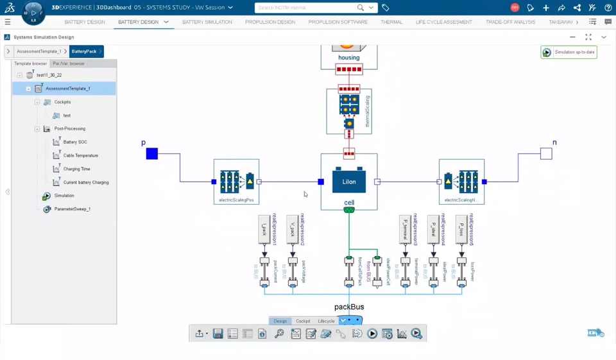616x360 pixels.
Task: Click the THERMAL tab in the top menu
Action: click(391, 22)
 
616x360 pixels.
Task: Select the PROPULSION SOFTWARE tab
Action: click(338, 22)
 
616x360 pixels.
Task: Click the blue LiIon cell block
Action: click(349, 182)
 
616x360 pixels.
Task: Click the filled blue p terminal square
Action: click(152, 153)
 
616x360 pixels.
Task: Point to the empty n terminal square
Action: click(546, 153)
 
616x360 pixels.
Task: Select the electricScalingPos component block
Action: click(236, 181)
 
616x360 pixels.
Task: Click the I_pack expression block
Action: click(264, 229)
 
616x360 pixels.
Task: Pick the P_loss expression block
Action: click(461, 229)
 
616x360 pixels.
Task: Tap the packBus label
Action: click(349, 307)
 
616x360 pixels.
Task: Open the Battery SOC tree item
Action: click(75, 142)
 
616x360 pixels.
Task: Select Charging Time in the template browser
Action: click(76, 169)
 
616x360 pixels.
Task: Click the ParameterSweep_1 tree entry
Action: click(72, 209)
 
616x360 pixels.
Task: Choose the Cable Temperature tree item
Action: click(80, 155)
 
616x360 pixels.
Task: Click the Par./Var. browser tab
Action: click(69, 64)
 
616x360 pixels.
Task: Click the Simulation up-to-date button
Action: click(569, 53)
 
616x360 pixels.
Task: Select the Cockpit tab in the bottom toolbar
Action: click(303, 321)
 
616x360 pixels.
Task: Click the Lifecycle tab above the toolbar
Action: click(326, 321)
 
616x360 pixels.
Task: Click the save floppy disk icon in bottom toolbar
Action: click(218, 334)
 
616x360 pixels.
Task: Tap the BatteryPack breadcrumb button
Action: click(84, 51)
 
